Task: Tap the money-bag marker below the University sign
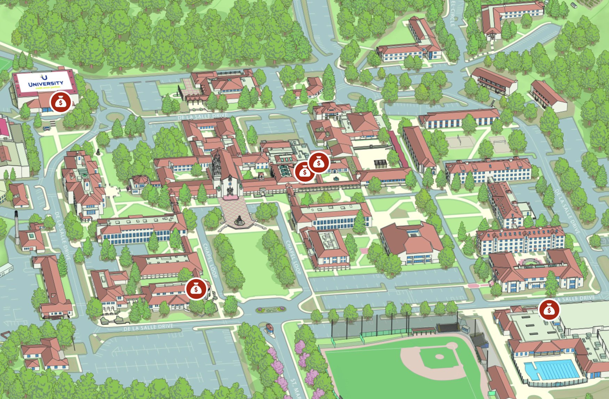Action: tap(61, 102)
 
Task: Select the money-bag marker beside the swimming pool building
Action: tap(549, 310)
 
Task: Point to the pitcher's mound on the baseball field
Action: tap(439, 357)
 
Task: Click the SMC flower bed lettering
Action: tap(271, 309)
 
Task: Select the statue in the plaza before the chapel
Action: tap(239, 220)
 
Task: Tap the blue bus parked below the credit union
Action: tap(47, 128)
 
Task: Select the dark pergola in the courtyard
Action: tap(380, 163)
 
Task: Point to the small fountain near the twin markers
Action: tap(337, 178)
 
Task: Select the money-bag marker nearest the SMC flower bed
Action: tap(196, 289)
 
